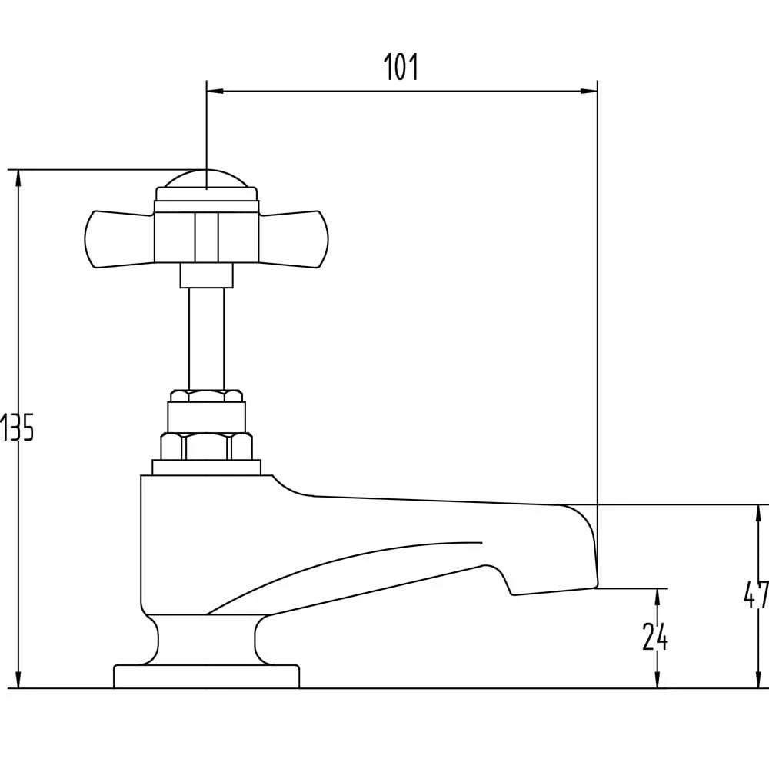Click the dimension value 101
401,68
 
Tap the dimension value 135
17,428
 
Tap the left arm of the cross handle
119,239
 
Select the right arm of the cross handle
292,239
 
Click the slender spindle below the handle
207,338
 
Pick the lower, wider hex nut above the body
206,446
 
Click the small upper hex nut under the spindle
206,396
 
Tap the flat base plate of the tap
206,677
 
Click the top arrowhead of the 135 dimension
19,178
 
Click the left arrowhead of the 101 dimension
215,92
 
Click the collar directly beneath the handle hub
206,275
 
